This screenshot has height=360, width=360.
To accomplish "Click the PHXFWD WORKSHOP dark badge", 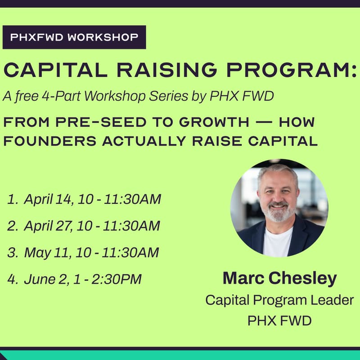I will (x=74, y=37).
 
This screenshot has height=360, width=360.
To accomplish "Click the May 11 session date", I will (x=46, y=252).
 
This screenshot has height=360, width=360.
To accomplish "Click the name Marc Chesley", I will (x=279, y=278).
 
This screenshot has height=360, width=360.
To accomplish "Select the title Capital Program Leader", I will (x=279, y=300).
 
